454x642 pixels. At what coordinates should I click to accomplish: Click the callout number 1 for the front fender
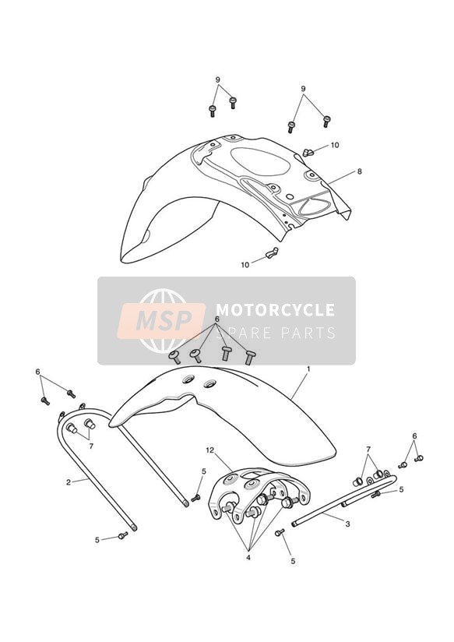[308, 369]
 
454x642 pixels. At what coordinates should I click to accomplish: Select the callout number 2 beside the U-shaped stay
[69, 482]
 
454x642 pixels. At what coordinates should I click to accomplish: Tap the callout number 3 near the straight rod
[347, 524]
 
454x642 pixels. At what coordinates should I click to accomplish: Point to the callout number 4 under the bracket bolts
[248, 557]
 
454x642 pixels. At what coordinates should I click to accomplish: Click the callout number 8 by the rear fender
[360, 171]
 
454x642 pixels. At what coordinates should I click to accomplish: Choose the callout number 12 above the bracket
[210, 450]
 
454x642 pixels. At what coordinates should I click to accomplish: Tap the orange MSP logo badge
[161, 320]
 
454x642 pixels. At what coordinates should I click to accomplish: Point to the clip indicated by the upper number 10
[308, 152]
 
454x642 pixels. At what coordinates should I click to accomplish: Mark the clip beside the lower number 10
[272, 252]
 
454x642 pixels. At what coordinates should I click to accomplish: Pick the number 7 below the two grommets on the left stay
[91, 446]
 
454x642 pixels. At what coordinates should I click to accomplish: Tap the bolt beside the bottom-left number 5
[123, 534]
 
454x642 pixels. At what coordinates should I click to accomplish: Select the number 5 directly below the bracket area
[293, 561]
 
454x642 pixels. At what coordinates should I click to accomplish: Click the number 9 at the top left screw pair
[218, 79]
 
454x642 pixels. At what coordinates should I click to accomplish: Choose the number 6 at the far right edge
[415, 436]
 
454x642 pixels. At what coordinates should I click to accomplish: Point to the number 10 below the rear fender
[245, 265]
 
